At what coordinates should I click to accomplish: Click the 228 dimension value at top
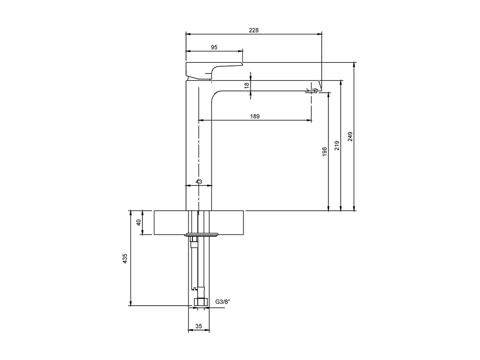click(254, 30)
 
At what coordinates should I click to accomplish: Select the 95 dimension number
click(214, 47)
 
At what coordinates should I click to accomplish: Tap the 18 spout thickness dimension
click(247, 85)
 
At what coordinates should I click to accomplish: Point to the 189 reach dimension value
click(255, 116)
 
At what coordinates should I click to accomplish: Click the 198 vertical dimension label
click(324, 151)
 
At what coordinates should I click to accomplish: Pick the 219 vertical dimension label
click(337, 145)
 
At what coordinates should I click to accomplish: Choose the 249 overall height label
click(350, 136)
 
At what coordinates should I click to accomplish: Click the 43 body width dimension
click(199, 181)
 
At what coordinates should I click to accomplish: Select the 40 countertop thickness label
click(139, 222)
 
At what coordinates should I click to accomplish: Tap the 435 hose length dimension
click(125, 258)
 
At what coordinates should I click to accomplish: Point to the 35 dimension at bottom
click(199, 326)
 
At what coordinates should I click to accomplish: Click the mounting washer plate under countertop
click(201, 235)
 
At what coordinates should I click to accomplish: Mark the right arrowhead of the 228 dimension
click(320, 34)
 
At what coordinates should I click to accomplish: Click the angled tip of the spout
click(319, 85)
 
